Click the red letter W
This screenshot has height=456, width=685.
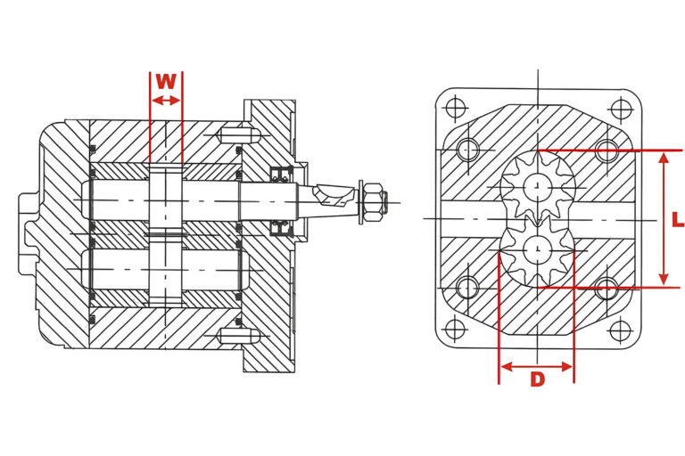(x=166, y=81)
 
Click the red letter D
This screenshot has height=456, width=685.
(x=537, y=379)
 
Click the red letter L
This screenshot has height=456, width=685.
(x=678, y=219)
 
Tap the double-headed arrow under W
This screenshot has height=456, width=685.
(x=166, y=101)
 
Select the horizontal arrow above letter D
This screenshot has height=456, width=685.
(x=536, y=366)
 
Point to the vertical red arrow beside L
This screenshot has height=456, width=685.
(x=664, y=218)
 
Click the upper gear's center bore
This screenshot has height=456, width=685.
(x=538, y=187)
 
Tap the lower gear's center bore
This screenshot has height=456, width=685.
(x=538, y=249)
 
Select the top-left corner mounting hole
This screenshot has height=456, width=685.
(x=455, y=108)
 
